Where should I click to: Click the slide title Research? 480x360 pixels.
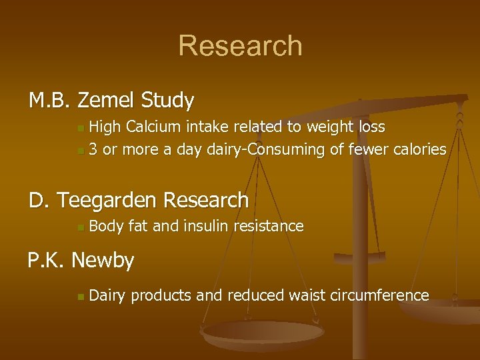click(x=240, y=46)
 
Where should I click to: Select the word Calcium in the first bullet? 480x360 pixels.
click(x=149, y=127)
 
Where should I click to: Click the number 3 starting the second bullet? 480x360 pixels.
click(x=93, y=149)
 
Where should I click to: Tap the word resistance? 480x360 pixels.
click(x=270, y=227)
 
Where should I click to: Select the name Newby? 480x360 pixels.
click(x=103, y=259)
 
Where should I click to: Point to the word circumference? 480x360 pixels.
click(x=379, y=295)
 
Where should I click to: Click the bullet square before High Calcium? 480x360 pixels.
click(x=80, y=127)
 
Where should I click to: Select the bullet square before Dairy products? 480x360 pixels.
click(x=80, y=296)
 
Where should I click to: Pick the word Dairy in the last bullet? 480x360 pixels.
click(x=107, y=295)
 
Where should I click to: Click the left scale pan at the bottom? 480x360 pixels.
click(x=263, y=334)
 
